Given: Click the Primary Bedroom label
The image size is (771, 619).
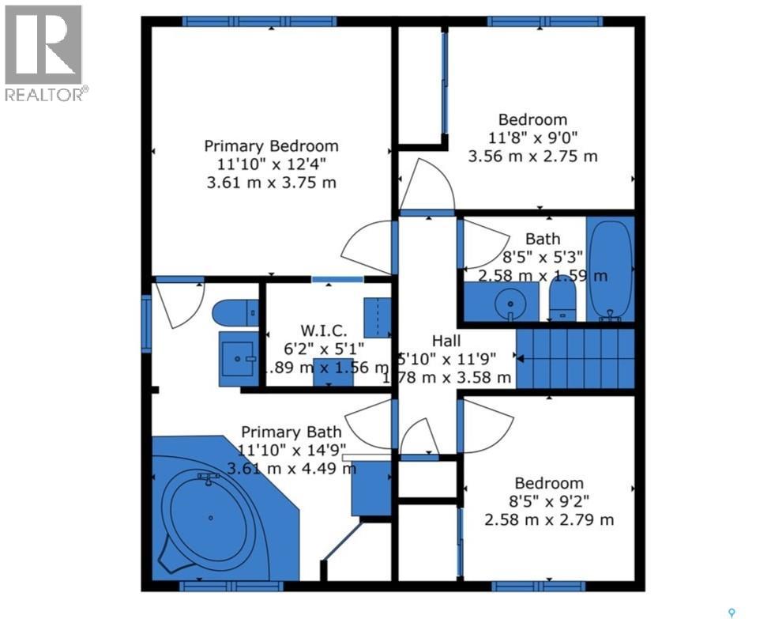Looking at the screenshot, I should (271, 146).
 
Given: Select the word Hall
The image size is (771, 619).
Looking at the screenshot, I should (446, 341).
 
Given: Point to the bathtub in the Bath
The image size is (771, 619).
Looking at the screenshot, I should (610, 269).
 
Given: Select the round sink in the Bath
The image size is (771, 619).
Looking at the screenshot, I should (506, 302).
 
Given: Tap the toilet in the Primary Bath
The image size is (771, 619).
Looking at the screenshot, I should (235, 313).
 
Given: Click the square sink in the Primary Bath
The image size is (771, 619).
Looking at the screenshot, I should (238, 360).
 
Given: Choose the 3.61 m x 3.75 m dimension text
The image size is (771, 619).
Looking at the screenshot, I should (271, 183).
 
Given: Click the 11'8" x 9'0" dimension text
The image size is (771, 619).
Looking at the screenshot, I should (532, 138).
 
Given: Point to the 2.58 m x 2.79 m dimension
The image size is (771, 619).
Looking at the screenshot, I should (549, 519).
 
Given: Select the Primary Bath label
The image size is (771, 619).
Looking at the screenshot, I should (291, 432).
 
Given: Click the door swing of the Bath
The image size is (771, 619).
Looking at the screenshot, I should (483, 243).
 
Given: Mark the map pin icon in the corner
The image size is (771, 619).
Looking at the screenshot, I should (732, 610).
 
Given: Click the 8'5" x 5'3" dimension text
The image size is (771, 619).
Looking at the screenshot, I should (543, 256).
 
